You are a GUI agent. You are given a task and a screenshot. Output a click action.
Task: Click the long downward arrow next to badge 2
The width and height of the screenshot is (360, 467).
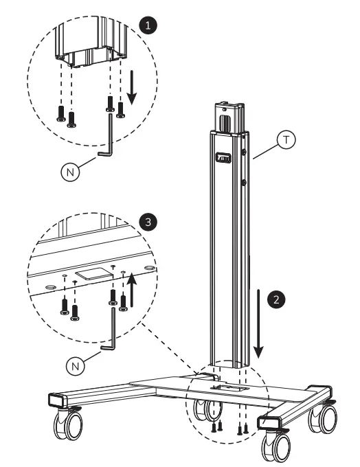tap(258, 323)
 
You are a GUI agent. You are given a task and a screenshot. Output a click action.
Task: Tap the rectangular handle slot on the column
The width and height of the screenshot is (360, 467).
tap(223, 157)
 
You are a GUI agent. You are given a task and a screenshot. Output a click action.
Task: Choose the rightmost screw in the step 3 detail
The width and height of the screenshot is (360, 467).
tap(124, 301)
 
